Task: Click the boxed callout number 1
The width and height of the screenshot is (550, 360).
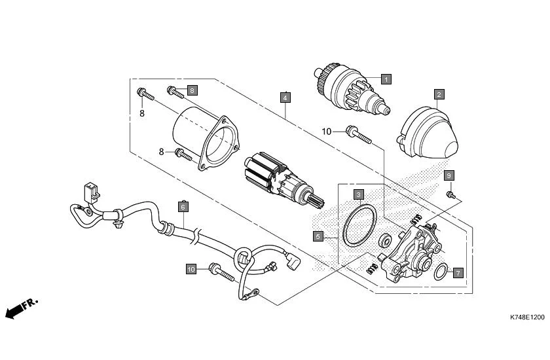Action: (x=386, y=79)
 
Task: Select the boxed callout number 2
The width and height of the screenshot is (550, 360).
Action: (x=439, y=94)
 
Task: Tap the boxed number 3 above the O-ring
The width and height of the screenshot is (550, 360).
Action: (x=359, y=194)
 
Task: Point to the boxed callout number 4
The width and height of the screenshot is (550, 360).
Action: (x=285, y=98)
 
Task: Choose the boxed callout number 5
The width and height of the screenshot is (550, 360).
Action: (x=318, y=236)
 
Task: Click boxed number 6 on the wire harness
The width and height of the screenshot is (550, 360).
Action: (x=183, y=207)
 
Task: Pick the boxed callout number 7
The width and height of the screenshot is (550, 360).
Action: (x=458, y=272)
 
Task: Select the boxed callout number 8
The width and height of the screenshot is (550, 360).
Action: (x=192, y=90)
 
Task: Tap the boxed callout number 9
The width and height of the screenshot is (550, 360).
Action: (x=449, y=175)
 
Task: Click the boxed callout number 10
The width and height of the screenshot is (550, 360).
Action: (x=191, y=269)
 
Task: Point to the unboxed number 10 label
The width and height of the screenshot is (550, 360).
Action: (x=327, y=132)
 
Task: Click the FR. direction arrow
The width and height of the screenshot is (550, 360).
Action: (x=20, y=310)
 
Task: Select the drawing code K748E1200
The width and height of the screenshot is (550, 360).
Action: (x=526, y=317)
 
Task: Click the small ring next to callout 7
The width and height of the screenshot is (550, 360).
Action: (x=441, y=271)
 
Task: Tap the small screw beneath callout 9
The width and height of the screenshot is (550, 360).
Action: (x=450, y=195)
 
